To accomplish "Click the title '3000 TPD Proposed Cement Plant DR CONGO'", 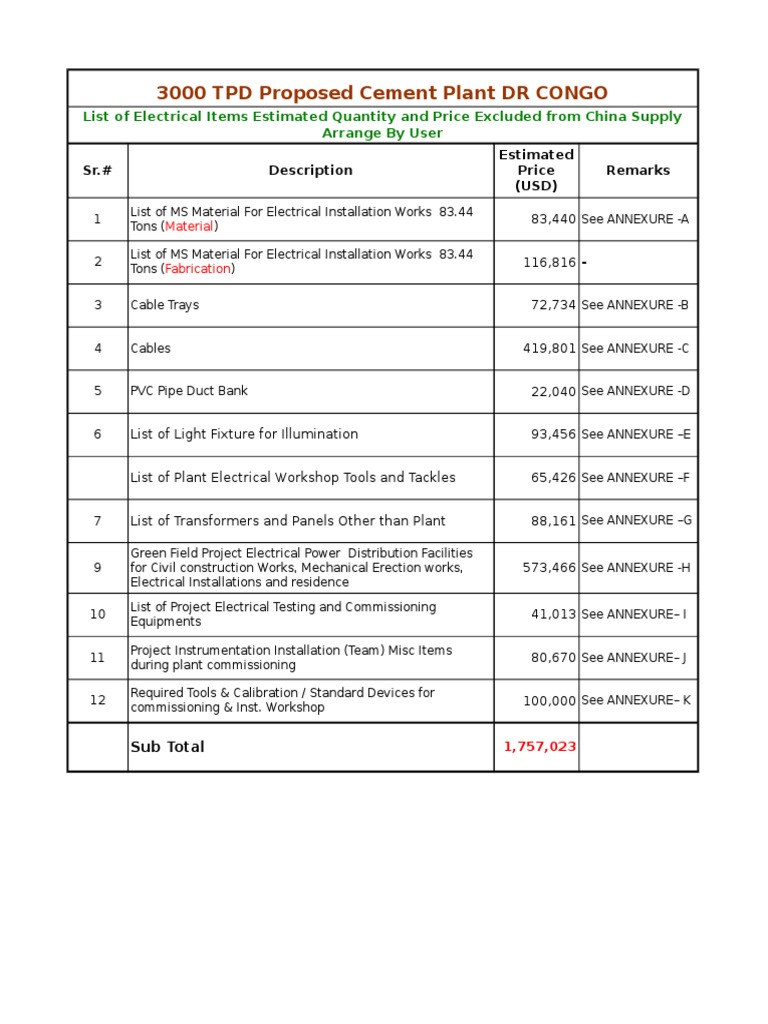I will point(381,93).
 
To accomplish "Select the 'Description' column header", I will point(310,170).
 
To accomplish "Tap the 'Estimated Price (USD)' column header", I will point(536,170).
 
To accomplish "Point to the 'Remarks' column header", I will point(637,170).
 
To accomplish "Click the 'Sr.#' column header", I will point(97,170).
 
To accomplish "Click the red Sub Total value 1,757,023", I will point(540,747).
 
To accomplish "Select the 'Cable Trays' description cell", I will point(165,305).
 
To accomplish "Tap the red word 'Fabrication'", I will point(198,269).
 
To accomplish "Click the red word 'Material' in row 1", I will point(189,226).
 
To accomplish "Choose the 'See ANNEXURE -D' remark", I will point(635,391).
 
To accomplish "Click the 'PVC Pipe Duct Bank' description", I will point(189,391).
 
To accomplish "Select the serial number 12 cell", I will point(97,700).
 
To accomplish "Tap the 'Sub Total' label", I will point(167,747).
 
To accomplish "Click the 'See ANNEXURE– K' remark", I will point(635,700).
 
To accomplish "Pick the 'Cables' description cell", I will point(151,348).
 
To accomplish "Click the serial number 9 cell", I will point(97,567).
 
